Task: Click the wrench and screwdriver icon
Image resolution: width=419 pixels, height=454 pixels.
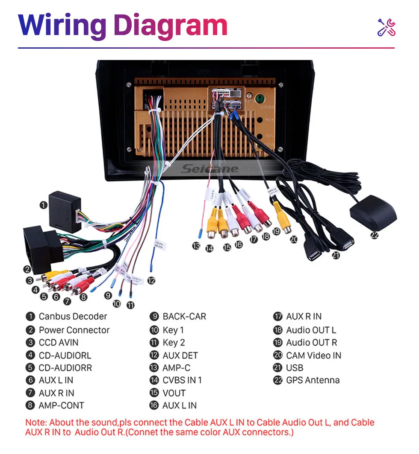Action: click(x=387, y=27)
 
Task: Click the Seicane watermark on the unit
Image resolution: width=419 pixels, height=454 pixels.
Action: click(x=209, y=169)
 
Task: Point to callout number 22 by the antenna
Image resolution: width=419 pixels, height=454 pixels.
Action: click(x=375, y=235)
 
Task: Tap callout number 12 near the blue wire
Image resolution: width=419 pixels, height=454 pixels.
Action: click(x=151, y=280)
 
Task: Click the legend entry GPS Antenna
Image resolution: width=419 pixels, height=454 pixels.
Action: click(x=313, y=380)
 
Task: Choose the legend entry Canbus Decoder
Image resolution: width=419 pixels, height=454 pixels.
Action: click(x=73, y=317)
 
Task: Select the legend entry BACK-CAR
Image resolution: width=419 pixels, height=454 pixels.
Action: click(x=184, y=317)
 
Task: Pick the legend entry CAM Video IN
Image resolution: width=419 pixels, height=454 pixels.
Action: click(x=313, y=355)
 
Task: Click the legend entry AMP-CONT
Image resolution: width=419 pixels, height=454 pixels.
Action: click(x=61, y=405)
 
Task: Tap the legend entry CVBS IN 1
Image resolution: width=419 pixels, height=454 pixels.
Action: click(x=182, y=380)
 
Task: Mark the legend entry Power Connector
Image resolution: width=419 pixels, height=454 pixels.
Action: click(x=74, y=330)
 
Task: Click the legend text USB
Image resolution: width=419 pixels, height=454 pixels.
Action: click(x=295, y=368)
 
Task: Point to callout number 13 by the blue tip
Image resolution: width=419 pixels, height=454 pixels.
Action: click(x=196, y=246)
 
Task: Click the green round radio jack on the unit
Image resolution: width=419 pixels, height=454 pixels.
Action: click(x=259, y=99)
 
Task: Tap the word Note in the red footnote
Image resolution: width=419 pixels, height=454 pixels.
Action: click(x=35, y=422)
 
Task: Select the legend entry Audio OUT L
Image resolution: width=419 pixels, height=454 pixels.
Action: click(x=311, y=330)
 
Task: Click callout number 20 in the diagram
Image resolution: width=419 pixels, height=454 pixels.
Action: click(x=293, y=239)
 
